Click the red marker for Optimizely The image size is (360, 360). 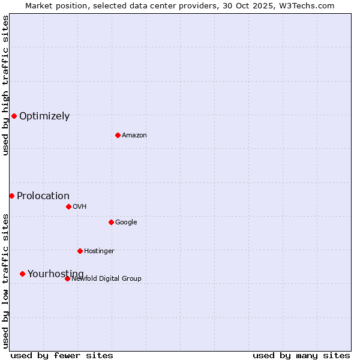tap(14, 116)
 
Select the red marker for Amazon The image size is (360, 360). tap(118, 135)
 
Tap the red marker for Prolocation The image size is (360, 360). tap(11, 196)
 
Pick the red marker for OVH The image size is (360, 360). tap(68, 206)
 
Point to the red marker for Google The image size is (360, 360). tap(111, 222)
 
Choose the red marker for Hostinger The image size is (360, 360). tap(80, 251)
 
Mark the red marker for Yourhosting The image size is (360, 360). tap(22, 274)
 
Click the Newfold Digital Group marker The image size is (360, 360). tap(67, 278)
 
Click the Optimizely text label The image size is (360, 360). tap(44, 116)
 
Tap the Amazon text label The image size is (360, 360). tap(134, 136)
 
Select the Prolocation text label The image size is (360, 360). tap(43, 196)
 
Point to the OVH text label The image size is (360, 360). tap(80, 207)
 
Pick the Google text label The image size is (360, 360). tap(126, 223)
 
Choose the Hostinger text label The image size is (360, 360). tap(99, 251)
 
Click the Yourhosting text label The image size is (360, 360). tap(56, 274)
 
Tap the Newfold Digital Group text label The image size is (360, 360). tap(106, 279)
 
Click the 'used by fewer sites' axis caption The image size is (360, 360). tap(62, 356)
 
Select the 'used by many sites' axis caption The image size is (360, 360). tap(301, 356)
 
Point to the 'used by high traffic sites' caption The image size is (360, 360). tap(5, 85)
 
